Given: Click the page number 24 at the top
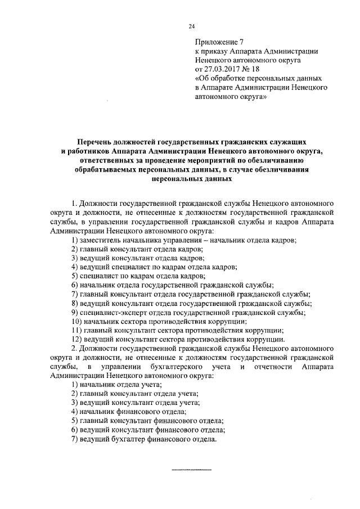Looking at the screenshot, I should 191,26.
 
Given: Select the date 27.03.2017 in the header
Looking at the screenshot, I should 224,66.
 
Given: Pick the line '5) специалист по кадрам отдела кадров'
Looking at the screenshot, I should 137,276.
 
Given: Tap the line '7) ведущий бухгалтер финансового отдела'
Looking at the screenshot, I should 144,439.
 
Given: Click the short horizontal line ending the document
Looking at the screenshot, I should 191,469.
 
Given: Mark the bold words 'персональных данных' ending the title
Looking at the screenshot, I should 191,178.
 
